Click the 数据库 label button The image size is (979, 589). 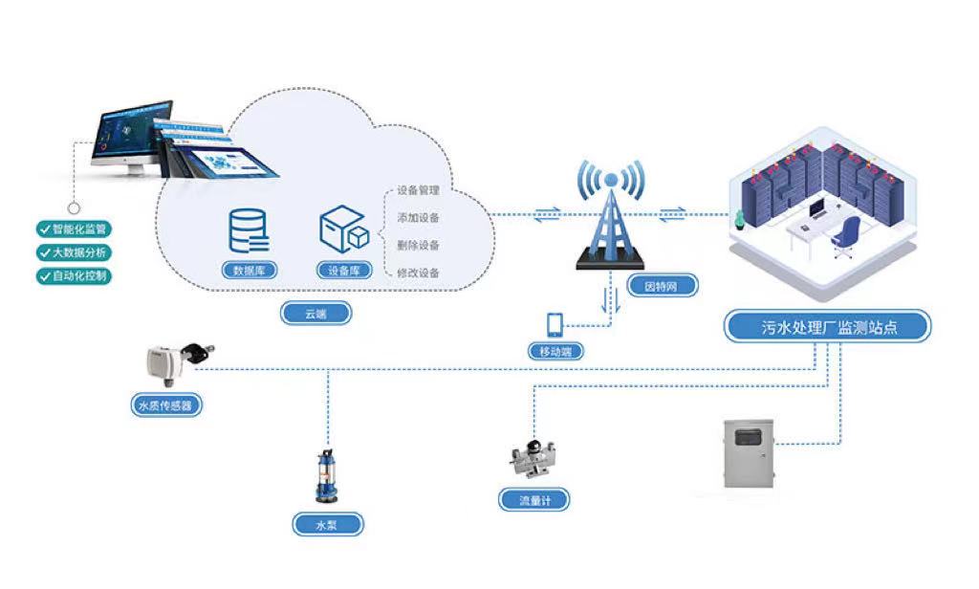click(x=249, y=271)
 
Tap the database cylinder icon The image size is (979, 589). click(x=249, y=229)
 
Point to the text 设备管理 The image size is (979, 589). click(x=418, y=190)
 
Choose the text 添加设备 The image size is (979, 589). click(x=418, y=218)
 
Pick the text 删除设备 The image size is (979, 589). click(x=418, y=245)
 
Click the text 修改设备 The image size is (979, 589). click(x=418, y=273)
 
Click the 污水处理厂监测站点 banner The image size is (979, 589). click(x=827, y=327)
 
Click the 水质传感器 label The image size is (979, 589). click(x=165, y=405)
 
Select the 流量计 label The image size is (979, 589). click(x=533, y=499)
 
